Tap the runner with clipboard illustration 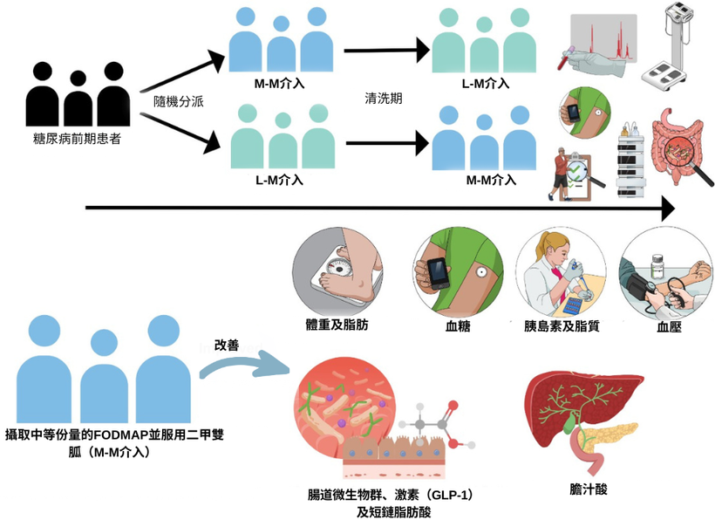coord(575,170)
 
